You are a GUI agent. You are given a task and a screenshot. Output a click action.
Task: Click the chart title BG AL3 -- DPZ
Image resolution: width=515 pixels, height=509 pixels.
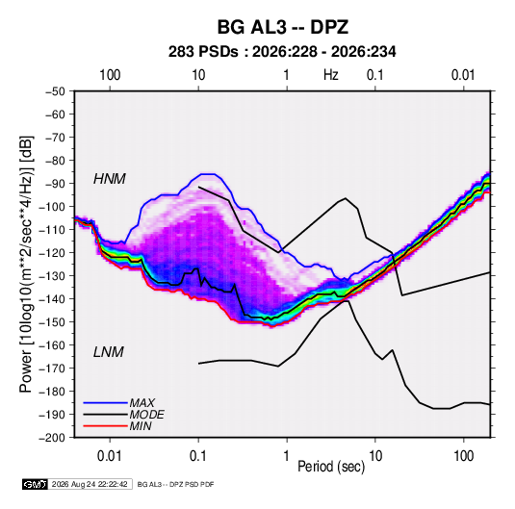(282, 27)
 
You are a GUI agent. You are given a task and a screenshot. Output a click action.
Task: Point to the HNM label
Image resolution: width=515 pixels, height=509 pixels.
(110, 179)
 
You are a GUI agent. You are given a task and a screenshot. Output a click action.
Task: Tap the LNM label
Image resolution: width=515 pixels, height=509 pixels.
(109, 352)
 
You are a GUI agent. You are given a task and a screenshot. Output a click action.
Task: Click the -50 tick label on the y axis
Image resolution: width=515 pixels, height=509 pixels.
(55, 91)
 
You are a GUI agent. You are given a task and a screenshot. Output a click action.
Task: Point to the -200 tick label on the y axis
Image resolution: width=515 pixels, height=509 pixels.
(52, 438)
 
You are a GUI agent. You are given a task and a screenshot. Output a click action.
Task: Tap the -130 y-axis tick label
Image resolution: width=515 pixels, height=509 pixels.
(52, 276)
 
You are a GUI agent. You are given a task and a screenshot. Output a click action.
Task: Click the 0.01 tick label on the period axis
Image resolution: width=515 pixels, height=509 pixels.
(110, 456)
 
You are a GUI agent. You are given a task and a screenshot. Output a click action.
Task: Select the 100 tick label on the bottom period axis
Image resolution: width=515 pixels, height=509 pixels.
(463, 456)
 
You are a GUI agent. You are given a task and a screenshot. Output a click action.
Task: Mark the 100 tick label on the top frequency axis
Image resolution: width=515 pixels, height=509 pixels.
(110, 75)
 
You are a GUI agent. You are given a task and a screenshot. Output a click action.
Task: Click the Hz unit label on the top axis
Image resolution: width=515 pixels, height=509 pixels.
(331, 75)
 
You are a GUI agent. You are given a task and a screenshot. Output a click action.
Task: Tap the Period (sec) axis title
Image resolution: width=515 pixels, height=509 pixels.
(331, 467)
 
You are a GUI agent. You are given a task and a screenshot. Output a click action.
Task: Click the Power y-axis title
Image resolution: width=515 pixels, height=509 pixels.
(26, 265)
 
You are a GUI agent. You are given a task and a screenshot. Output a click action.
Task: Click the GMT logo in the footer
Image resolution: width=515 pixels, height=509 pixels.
(35, 484)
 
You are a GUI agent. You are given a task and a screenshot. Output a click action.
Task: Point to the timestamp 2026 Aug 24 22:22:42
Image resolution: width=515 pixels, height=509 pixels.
(90, 484)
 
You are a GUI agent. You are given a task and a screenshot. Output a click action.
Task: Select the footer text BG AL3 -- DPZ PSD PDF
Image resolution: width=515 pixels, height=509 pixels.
(175, 484)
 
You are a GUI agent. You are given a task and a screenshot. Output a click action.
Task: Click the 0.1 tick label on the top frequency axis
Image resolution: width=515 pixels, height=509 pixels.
(375, 75)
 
